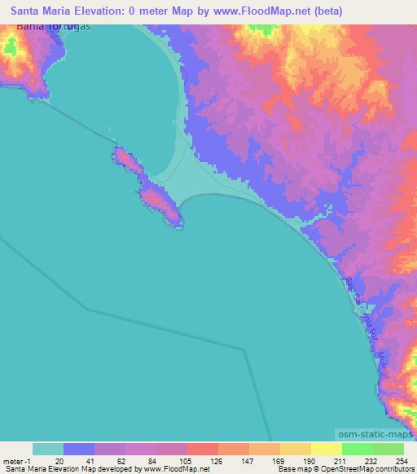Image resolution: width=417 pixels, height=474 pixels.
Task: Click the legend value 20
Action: click(63, 460)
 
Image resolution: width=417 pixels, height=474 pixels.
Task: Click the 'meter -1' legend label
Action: click(17, 460)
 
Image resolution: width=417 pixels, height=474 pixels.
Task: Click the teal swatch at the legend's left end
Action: click(47, 449)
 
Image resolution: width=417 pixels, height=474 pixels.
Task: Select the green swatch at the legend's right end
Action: click(388, 449)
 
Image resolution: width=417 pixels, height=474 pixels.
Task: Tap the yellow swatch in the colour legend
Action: click(326, 449)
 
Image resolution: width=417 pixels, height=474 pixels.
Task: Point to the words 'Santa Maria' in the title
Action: click(44, 11)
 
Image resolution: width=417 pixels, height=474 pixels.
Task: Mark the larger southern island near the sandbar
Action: click(162, 204)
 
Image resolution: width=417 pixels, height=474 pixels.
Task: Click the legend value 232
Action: click(372, 460)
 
